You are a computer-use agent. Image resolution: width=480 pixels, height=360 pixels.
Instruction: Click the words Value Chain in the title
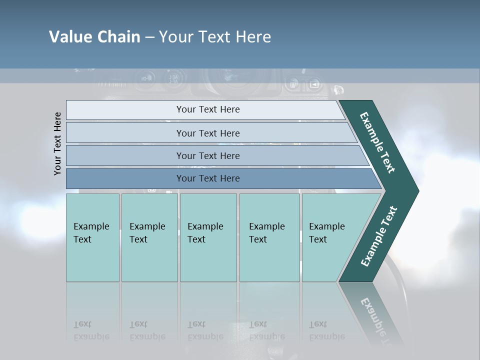tap(94, 37)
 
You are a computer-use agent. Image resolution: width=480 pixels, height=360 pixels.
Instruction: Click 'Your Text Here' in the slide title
tap(215, 37)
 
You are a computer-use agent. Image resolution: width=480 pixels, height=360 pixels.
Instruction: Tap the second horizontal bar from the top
tap(208, 133)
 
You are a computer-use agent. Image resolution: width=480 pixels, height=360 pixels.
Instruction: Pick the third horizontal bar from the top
tap(208, 155)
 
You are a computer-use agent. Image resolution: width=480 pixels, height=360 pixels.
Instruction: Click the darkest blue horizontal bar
tap(208, 178)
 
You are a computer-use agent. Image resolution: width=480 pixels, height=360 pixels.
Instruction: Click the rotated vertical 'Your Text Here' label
tap(57, 143)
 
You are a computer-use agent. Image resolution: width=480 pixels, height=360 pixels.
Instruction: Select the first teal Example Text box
tap(92, 237)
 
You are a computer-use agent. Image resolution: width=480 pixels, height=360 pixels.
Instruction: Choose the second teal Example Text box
tap(149, 237)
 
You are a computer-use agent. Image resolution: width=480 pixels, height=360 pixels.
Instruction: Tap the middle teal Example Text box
tap(208, 237)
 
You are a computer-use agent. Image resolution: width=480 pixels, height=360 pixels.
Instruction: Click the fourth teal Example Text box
tap(269, 237)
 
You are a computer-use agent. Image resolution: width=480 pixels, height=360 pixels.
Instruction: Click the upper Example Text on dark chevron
tap(377, 142)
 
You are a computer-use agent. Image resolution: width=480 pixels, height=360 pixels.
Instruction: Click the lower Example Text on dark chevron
tap(378, 236)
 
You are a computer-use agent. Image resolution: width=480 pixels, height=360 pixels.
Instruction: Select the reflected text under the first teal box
tap(91, 330)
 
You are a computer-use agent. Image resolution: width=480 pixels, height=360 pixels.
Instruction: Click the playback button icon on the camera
tap(314, 83)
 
